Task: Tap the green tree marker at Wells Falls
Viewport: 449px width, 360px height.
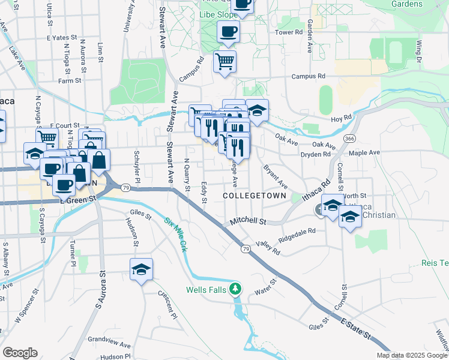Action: [237, 289]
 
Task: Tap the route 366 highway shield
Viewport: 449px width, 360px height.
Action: [349, 139]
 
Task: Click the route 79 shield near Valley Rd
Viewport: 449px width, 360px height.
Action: [246, 248]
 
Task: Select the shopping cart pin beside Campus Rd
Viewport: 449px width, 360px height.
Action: [224, 61]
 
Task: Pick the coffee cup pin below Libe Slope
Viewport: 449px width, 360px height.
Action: [228, 31]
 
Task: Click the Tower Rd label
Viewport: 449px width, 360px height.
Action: [289, 32]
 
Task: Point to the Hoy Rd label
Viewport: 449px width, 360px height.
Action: [340, 119]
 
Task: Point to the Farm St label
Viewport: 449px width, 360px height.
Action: [70, 80]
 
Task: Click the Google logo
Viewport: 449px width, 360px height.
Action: [20, 352]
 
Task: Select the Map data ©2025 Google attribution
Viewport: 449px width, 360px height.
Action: [412, 355]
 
